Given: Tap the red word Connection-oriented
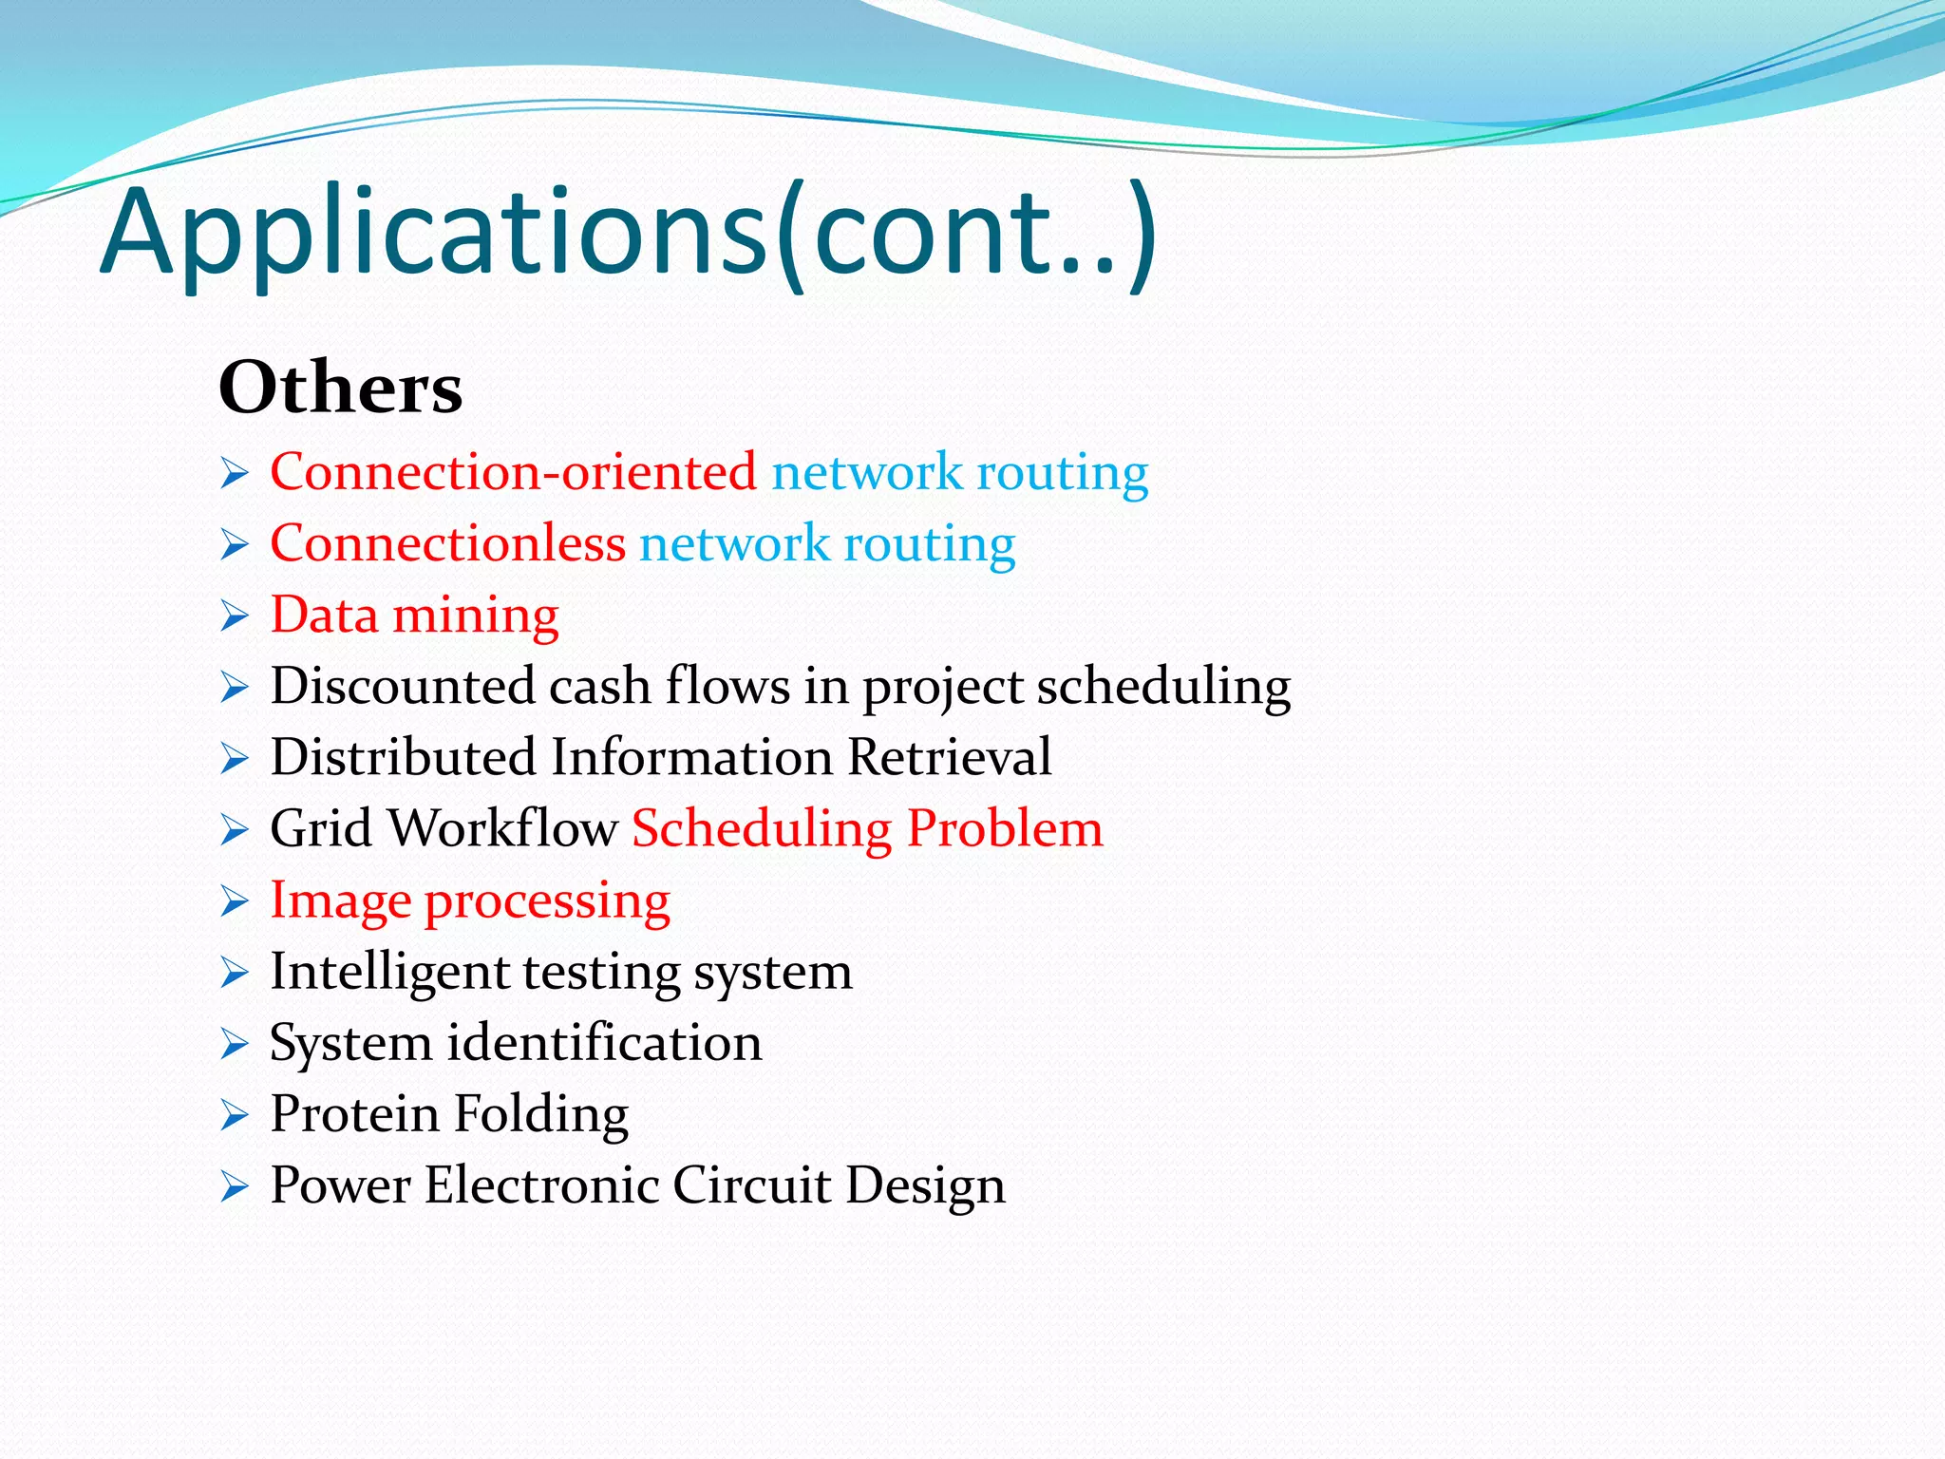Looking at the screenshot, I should click(513, 472).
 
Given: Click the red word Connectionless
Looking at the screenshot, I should click(447, 543).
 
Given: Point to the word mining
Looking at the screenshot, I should click(475, 616).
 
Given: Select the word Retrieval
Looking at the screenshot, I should click(949, 757).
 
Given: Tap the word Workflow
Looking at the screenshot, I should click(503, 828).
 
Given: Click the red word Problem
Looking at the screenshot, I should click(1005, 828).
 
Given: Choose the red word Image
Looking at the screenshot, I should click(340, 900).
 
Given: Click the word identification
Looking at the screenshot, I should click(604, 1043).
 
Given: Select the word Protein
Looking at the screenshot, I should click(353, 1113).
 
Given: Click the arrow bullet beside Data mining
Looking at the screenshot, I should click(234, 616).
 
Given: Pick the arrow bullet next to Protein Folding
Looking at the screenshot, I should click(234, 1115).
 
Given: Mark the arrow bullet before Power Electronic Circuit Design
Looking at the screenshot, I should click(234, 1186).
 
